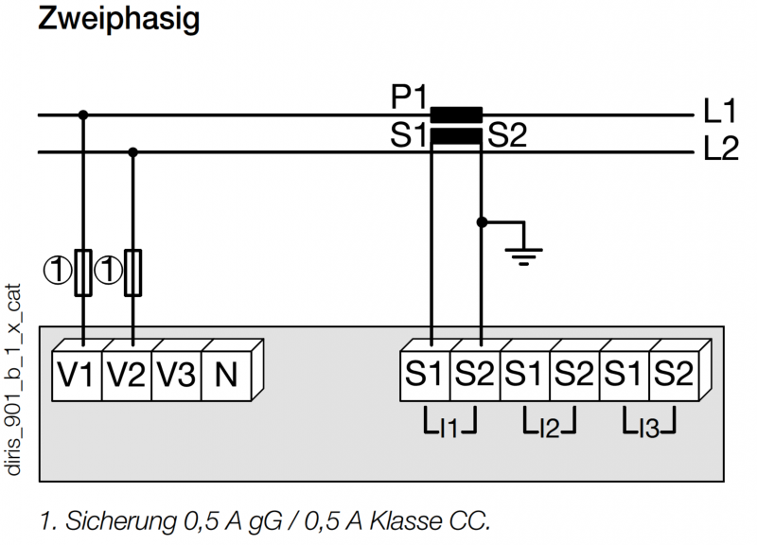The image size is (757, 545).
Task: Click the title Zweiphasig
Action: pyautogui.click(x=119, y=19)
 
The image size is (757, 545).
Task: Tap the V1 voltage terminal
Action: pyautogui.click(x=77, y=374)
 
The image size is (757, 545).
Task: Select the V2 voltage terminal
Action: pyautogui.click(x=127, y=374)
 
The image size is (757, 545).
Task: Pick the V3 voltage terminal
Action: pyautogui.click(x=176, y=374)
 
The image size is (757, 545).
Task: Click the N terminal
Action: pyautogui.click(x=226, y=374)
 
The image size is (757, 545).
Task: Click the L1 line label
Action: pyautogui.click(x=719, y=111)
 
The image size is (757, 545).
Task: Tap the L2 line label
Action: pyautogui.click(x=721, y=149)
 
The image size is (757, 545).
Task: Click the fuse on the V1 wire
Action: pyautogui.click(x=83, y=272)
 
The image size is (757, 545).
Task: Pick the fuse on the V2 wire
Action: pyautogui.click(x=133, y=272)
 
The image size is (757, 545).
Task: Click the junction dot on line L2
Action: pyautogui.click(x=133, y=152)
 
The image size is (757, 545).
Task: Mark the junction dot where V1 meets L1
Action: pyautogui.click(x=83, y=114)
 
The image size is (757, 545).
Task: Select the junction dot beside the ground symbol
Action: pyautogui.click(x=482, y=222)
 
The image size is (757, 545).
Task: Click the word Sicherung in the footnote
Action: pyautogui.click(x=121, y=521)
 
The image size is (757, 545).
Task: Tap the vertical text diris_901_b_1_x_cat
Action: pyautogui.click(x=13, y=380)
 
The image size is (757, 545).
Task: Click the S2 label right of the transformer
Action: pyautogui.click(x=507, y=135)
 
